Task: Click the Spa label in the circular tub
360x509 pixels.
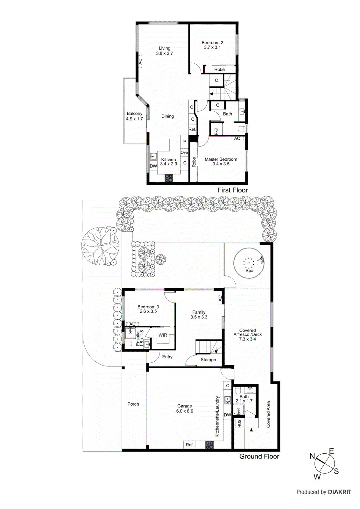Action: click(x=249, y=271)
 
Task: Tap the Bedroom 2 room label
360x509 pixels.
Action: click(x=212, y=45)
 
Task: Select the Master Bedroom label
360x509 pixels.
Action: click(x=221, y=161)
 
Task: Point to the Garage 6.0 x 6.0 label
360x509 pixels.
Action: click(x=185, y=408)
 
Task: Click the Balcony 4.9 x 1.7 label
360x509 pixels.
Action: click(x=134, y=116)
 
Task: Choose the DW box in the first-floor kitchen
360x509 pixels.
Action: click(x=153, y=166)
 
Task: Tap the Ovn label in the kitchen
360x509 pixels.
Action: click(x=184, y=152)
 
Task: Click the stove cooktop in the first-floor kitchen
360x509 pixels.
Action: click(x=169, y=178)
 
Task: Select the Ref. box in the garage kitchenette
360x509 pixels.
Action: click(x=190, y=445)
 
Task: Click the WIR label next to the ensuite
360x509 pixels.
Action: click(x=163, y=335)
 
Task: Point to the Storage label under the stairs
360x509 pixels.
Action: click(x=208, y=360)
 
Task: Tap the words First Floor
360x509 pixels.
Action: click(x=232, y=190)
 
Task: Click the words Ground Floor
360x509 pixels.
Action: click(x=259, y=457)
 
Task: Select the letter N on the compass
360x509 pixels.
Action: click(x=312, y=456)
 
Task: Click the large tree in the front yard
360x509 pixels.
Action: click(x=100, y=246)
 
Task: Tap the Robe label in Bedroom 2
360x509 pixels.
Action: click(x=219, y=69)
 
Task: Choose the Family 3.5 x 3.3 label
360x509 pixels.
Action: click(x=199, y=315)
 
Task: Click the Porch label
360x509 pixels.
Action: click(x=133, y=404)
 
